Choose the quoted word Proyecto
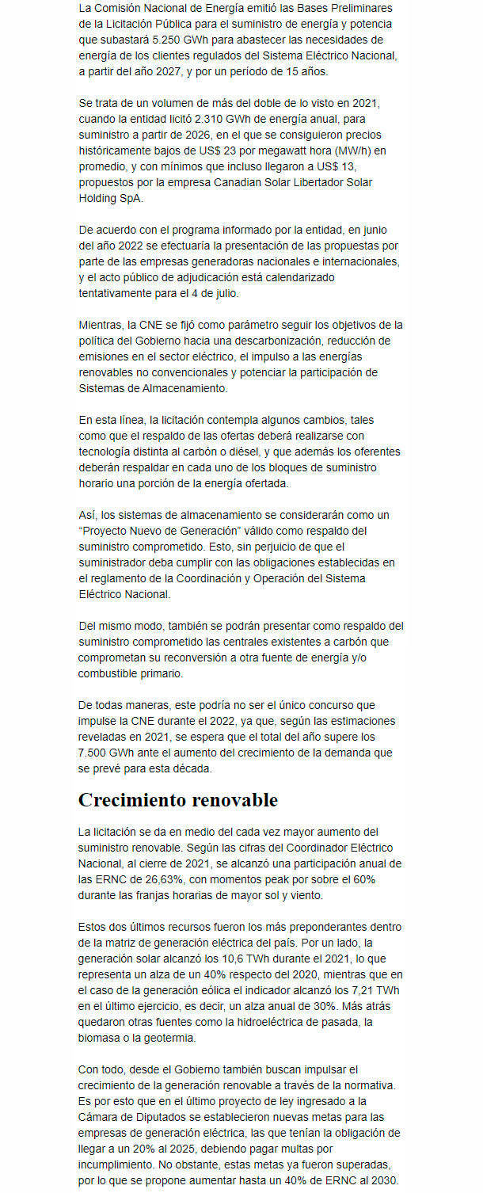108,531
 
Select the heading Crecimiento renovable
177,800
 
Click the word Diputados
167,1116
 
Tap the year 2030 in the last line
385,1180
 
